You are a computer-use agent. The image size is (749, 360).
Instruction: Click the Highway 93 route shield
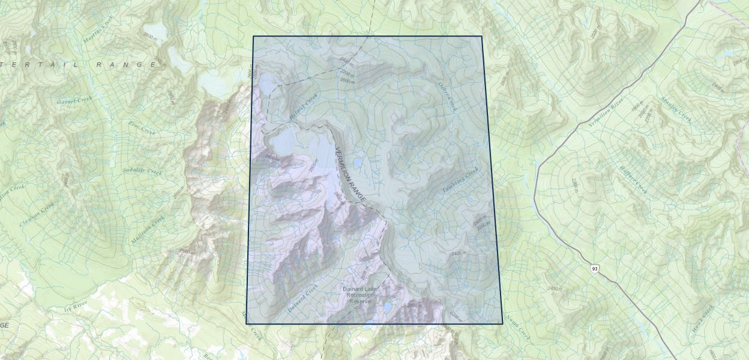[594, 268]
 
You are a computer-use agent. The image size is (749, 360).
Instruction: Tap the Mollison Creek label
[147, 230]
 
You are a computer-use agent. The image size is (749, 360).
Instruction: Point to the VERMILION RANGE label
[350, 175]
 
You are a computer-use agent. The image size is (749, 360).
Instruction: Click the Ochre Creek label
[448, 97]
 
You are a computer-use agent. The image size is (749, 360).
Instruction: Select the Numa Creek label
[518, 326]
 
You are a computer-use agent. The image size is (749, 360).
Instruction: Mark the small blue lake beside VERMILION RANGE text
[358, 163]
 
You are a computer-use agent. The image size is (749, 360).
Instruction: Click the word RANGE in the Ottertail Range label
[129, 64]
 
